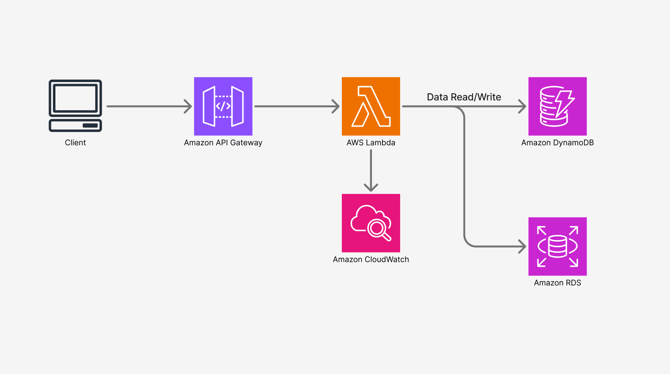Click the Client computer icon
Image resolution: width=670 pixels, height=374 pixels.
(x=75, y=105)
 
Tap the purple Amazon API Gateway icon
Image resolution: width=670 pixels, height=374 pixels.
(x=223, y=106)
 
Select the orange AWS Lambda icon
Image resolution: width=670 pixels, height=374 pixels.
(x=371, y=106)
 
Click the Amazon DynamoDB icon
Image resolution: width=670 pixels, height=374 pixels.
(x=557, y=106)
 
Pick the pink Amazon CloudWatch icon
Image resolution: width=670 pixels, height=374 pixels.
(x=371, y=223)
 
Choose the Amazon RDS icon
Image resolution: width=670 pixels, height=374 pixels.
(x=557, y=246)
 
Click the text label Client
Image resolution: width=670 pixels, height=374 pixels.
(x=75, y=143)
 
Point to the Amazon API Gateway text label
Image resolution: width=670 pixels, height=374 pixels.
(x=223, y=143)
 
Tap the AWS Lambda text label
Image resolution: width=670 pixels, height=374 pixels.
(x=371, y=143)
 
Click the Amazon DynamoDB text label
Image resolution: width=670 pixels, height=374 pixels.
(x=557, y=143)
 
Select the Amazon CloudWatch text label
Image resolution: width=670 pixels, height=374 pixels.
(x=371, y=260)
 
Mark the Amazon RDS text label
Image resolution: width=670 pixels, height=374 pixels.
(x=557, y=283)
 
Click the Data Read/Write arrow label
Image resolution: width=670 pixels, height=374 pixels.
(x=464, y=97)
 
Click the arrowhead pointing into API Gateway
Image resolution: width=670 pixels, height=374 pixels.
(x=189, y=107)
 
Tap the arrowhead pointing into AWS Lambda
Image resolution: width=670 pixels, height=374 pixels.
(x=337, y=107)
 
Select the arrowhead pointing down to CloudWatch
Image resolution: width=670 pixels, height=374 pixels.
(x=371, y=188)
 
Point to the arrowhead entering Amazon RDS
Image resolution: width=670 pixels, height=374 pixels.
(x=523, y=247)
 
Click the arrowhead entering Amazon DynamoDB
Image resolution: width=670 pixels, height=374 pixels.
(x=523, y=107)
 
